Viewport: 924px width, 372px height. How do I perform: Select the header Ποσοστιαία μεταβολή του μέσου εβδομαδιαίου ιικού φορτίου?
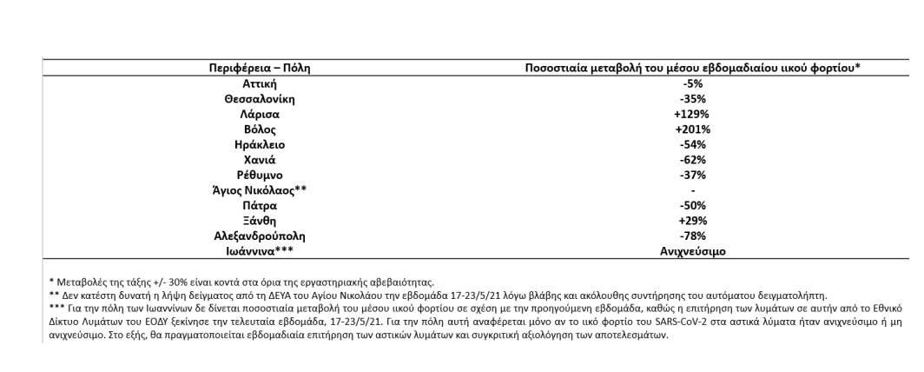(x=693, y=67)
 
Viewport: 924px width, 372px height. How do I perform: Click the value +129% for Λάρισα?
(x=692, y=113)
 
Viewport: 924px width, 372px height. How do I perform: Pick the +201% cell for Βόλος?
(x=692, y=129)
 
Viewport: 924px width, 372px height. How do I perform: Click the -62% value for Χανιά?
(x=692, y=159)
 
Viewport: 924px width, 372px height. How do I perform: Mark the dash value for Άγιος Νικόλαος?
(x=692, y=189)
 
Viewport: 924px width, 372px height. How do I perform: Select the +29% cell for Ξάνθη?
(x=692, y=220)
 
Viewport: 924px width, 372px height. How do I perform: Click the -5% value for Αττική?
(x=692, y=83)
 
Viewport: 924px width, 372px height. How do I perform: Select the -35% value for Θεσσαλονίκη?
(x=692, y=98)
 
